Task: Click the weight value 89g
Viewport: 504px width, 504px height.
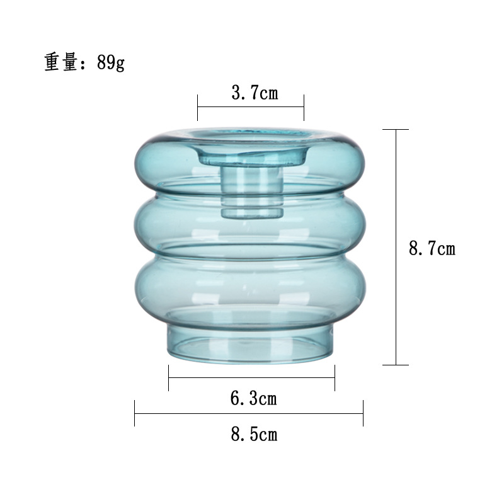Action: click(x=111, y=63)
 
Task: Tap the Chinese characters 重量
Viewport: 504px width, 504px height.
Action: click(x=60, y=63)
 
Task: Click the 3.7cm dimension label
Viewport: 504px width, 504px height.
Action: click(x=255, y=94)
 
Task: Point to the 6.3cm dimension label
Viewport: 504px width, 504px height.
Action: click(x=253, y=398)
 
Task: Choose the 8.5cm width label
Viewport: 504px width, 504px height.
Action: click(x=254, y=434)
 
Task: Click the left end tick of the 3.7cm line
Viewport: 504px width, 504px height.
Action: click(x=198, y=108)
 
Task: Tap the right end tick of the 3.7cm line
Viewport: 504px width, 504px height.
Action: click(x=304, y=108)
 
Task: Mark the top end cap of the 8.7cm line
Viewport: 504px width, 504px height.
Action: click(x=396, y=130)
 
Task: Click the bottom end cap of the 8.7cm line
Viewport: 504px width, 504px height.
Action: click(x=396, y=365)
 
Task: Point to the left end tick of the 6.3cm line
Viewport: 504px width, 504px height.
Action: click(x=169, y=377)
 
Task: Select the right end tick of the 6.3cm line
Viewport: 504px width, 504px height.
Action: click(x=335, y=377)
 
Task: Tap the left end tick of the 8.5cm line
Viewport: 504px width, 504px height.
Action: click(x=135, y=413)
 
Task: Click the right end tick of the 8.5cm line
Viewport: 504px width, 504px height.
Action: click(x=363, y=413)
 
